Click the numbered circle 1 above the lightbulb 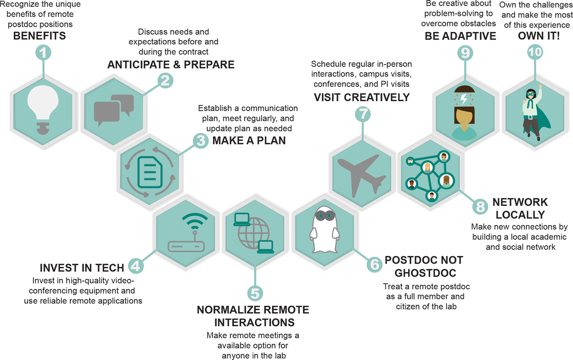(43, 53)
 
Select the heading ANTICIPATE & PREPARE (170, 64)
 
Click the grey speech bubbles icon (114, 110)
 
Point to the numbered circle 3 (201, 140)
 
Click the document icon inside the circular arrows (150, 172)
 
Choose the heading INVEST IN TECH (82, 268)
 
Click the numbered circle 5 (255, 293)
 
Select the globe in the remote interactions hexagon (254, 233)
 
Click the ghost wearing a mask (325, 229)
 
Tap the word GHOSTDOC (425, 273)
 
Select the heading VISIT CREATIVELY (362, 97)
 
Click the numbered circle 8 (480, 206)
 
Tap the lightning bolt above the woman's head (464, 99)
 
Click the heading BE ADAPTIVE (460, 36)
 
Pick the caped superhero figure (535, 113)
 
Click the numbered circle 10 (535, 52)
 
